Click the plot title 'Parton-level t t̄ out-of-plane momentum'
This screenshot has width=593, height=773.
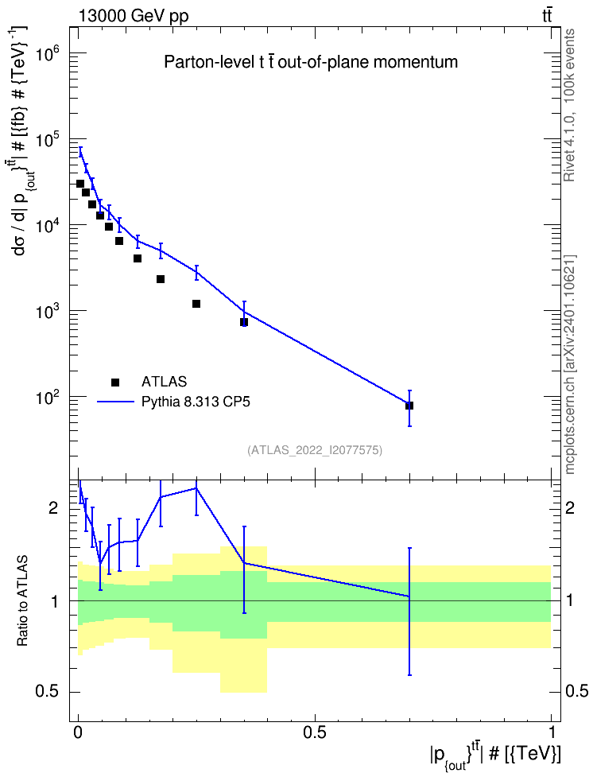(x=311, y=62)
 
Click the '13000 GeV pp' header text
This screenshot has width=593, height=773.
(x=134, y=16)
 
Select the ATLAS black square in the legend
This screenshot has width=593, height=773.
(x=115, y=382)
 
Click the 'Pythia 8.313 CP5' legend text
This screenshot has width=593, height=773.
(x=196, y=402)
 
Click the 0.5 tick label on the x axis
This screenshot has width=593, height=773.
(x=315, y=732)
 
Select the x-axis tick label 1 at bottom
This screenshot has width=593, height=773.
(x=551, y=732)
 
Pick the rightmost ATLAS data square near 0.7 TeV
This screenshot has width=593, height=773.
(x=409, y=406)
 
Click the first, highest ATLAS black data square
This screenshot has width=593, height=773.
(x=80, y=184)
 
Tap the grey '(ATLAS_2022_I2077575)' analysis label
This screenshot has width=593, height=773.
(x=315, y=450)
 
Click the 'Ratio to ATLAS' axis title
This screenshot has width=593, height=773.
(x=22, y=601)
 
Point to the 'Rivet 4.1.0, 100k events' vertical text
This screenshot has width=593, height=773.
(x=569, y=105)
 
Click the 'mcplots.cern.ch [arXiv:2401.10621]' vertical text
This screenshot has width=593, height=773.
(x=569, y=365)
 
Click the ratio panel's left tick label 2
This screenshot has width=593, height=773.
(x=53, y=507)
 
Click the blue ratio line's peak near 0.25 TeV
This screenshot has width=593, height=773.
(x=196, y=488)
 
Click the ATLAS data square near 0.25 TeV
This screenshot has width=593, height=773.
(x=196, y=304)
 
